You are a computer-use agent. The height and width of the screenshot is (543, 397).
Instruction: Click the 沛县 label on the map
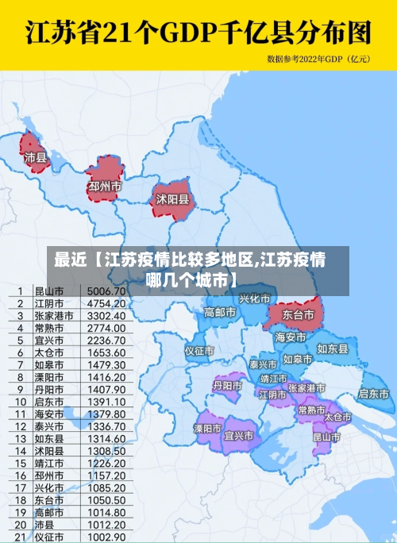click(36, 158)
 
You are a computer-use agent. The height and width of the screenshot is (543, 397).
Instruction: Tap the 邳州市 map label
click(105, 187)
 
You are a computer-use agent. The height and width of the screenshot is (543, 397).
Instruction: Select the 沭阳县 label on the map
click(172, 199)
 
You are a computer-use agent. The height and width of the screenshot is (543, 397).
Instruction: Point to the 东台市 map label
click(299, 315)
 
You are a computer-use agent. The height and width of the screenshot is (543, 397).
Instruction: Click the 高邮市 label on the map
click(220, 312)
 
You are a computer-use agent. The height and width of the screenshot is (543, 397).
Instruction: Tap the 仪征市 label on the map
click(199, 350)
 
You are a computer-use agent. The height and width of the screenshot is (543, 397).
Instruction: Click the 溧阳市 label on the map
click(209, 429)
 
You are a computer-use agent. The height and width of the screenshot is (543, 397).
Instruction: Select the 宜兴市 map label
click(239, 436)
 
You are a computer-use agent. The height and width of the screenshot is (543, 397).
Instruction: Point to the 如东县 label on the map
click(333, 349)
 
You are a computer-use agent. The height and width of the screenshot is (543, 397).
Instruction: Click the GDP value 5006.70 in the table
click(106, 291)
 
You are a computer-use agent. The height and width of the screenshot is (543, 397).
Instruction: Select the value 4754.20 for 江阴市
click(106, 303)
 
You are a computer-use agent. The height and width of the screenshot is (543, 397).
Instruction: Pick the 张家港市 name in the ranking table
click(53, 316)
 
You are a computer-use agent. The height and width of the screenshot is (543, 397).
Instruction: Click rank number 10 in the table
click(18, 402)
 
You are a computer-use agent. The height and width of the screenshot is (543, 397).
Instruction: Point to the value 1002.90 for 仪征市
click(106, 537)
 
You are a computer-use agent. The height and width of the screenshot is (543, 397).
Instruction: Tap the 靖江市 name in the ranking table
click(48, 464)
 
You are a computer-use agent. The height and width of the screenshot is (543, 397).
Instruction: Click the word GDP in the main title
click(183, 33)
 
